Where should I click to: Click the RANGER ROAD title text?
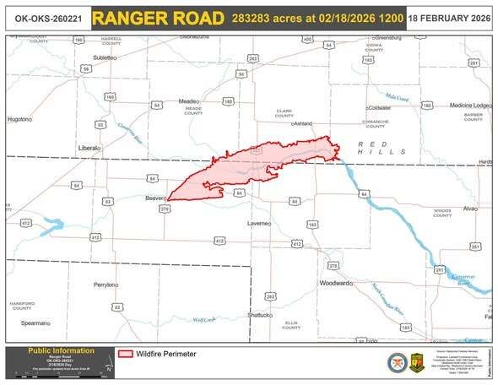pyautogui.click(x=159, y=18)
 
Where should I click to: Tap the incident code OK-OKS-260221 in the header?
pyautogui.click(x=43, y=18)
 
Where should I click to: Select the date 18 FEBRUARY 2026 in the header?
pyautogui.click(x=450, y=18)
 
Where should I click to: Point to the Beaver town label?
pyautogui.click(x=153, y=198)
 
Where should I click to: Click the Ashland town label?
pyautogui.click(x=303, y=123)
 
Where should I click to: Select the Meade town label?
pyautogui.click(x=188, y=101)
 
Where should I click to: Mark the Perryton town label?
pyautogui.click(x=106, y=285)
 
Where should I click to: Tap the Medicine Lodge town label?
pyautogui.click(x=469, y=105)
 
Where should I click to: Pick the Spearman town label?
pyautogui.click(x=35, y=323)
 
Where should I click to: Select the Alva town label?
pyautogui.click(x=470, y=207)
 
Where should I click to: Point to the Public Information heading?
pyautogui.click(x=62, y=350)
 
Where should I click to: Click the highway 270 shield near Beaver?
pyautogui.click(x=165, y=209)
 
